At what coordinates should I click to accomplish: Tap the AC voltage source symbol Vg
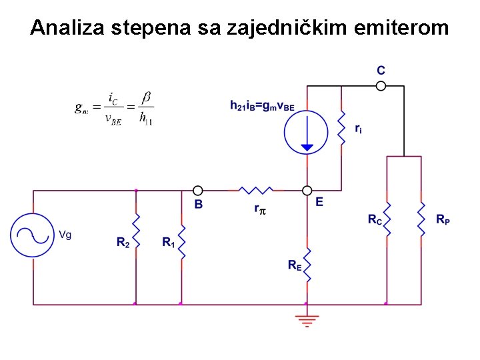tap(32, 234)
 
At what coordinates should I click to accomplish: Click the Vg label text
tap(65, 234)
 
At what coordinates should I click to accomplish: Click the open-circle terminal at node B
tap(197, 191)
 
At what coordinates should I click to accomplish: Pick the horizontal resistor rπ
tap(256, 191)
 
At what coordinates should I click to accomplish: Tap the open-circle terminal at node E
tap(307, 191)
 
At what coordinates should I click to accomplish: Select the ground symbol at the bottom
tap(307, 321)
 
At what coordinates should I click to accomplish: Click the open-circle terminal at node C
tap(381, 85)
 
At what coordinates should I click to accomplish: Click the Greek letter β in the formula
tap(147, 97)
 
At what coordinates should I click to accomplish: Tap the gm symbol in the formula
tap(81, 107)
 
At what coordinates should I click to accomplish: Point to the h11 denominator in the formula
tap(146, 119)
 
